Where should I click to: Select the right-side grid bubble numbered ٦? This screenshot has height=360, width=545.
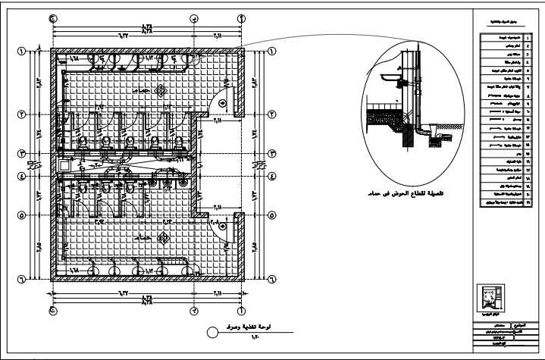pos(271,280)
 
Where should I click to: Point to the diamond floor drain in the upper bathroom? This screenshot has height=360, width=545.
pos(160,92)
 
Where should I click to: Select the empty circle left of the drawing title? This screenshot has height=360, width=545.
pos(213,332)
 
